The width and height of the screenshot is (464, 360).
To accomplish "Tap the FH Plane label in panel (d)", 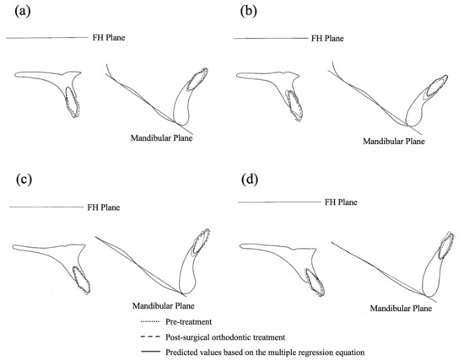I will tap(342, 202).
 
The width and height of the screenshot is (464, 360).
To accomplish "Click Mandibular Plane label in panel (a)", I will tap(161, 137).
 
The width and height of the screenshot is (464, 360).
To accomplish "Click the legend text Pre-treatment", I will tap(188, 320).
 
